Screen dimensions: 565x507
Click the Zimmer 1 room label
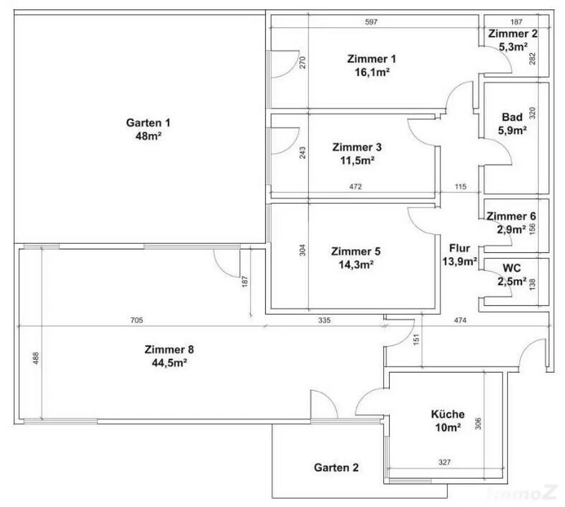371,59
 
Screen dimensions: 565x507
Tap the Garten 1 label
148,123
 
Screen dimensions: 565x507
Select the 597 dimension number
371,22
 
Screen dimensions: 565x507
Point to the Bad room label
512,117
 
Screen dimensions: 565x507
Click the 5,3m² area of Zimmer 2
513,47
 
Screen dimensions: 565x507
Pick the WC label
512,268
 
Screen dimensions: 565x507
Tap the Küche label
448,414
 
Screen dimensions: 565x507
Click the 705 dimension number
136,320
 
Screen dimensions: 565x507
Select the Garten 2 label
336,468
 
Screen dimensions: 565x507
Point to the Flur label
459,248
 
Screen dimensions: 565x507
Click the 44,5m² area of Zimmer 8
169,363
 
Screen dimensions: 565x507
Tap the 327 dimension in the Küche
444,462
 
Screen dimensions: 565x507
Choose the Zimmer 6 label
511,216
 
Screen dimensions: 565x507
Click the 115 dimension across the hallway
461,187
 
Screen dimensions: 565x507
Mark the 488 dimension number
36,358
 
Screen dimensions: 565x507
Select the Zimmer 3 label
357,147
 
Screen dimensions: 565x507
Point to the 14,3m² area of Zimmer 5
356,265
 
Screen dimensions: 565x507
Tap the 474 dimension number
460,320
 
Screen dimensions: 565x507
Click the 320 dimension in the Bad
532,113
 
